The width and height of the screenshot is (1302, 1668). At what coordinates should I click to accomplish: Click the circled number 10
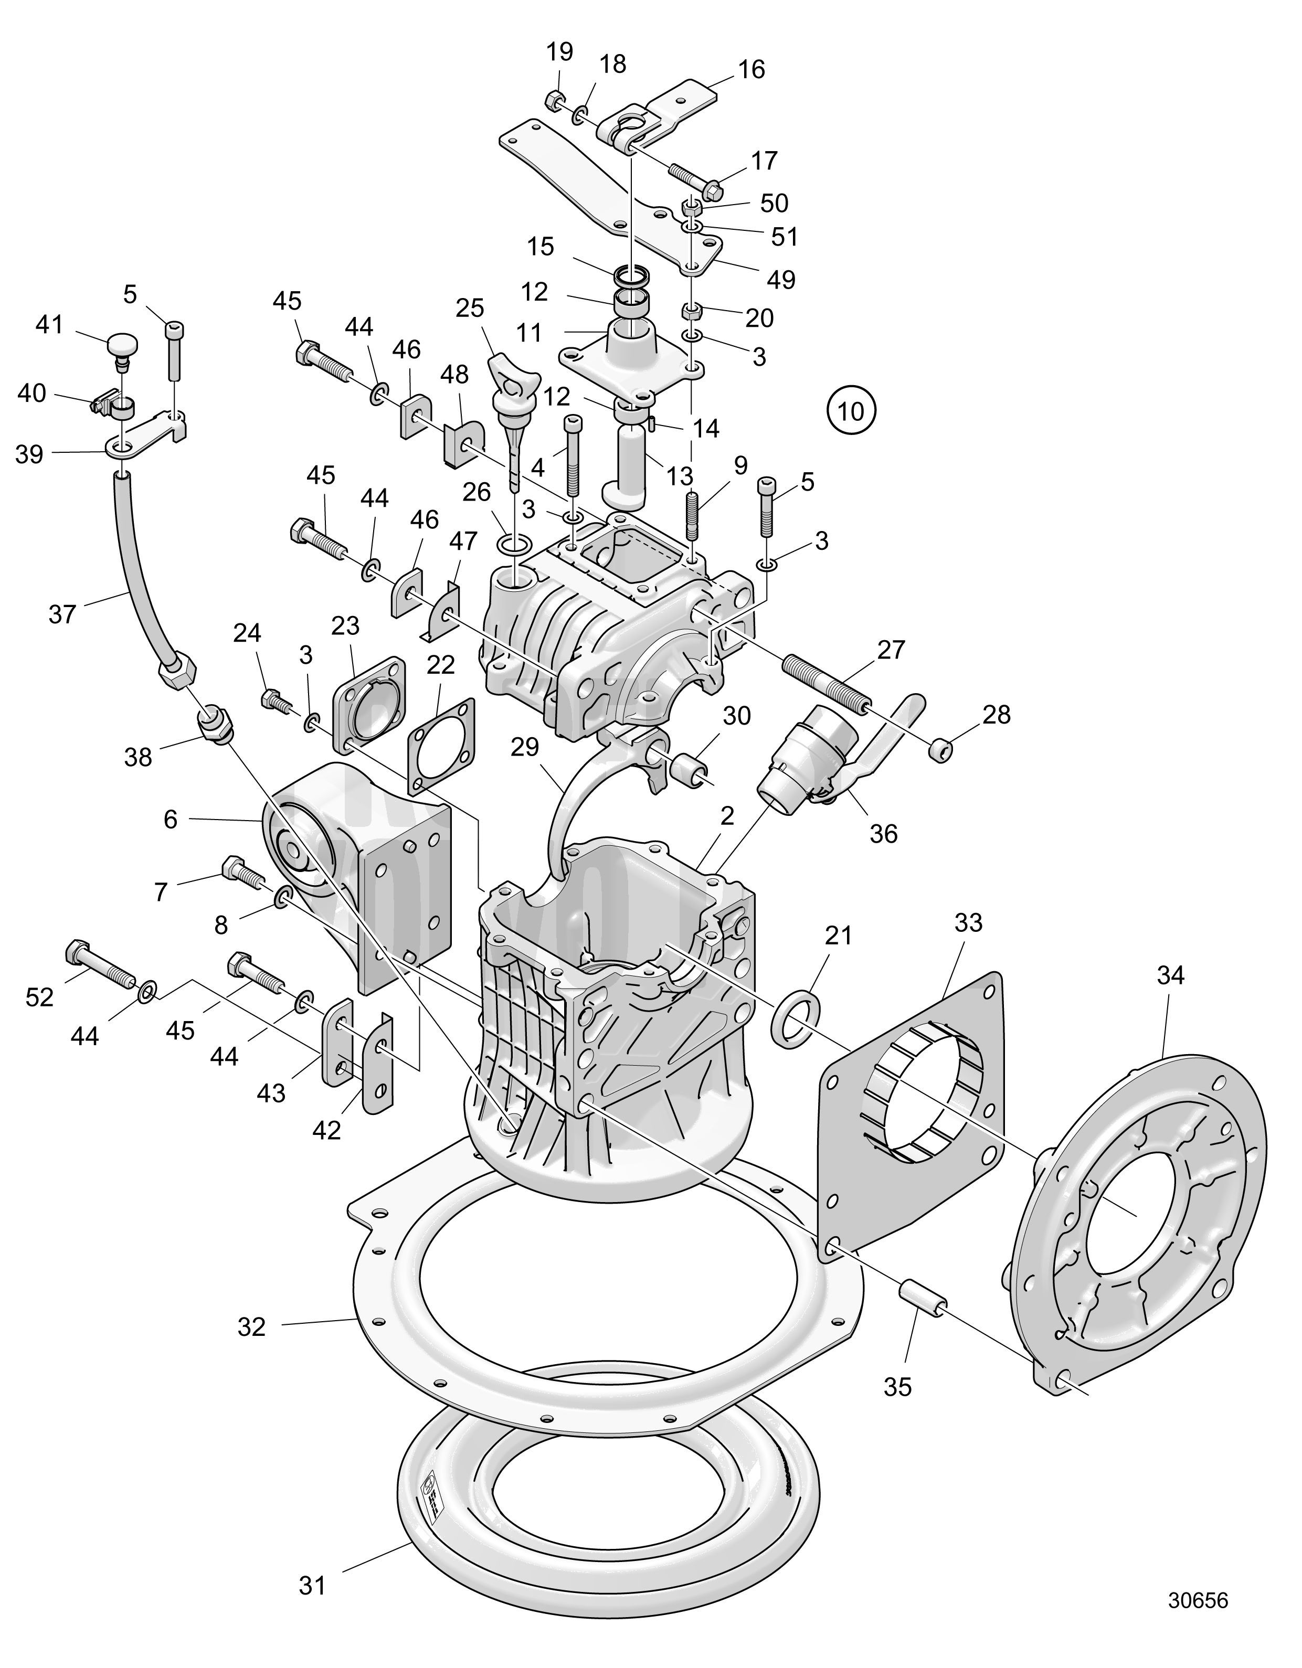pos(851,412)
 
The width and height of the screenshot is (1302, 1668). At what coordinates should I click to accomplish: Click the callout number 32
pos(251,1328)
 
